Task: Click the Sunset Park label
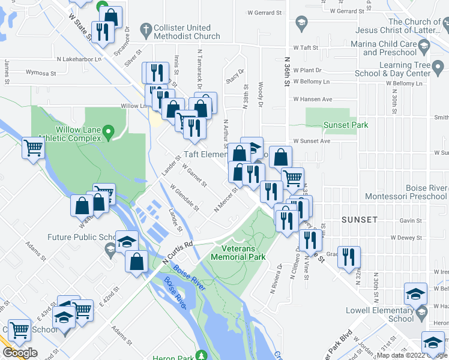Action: (345, 125)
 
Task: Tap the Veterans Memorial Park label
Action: (238, 253)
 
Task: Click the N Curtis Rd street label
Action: (178, 253)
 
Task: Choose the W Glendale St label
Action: (185, 197)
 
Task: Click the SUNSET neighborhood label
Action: (360, 220)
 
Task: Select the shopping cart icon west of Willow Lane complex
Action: (32, 147)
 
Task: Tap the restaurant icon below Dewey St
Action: (310, 239)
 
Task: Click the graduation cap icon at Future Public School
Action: (126, 241)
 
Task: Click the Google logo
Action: (20, 353)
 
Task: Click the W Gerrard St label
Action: (264, 13)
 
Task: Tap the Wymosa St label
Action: (41, 74)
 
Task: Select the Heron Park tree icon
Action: (202, 355)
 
